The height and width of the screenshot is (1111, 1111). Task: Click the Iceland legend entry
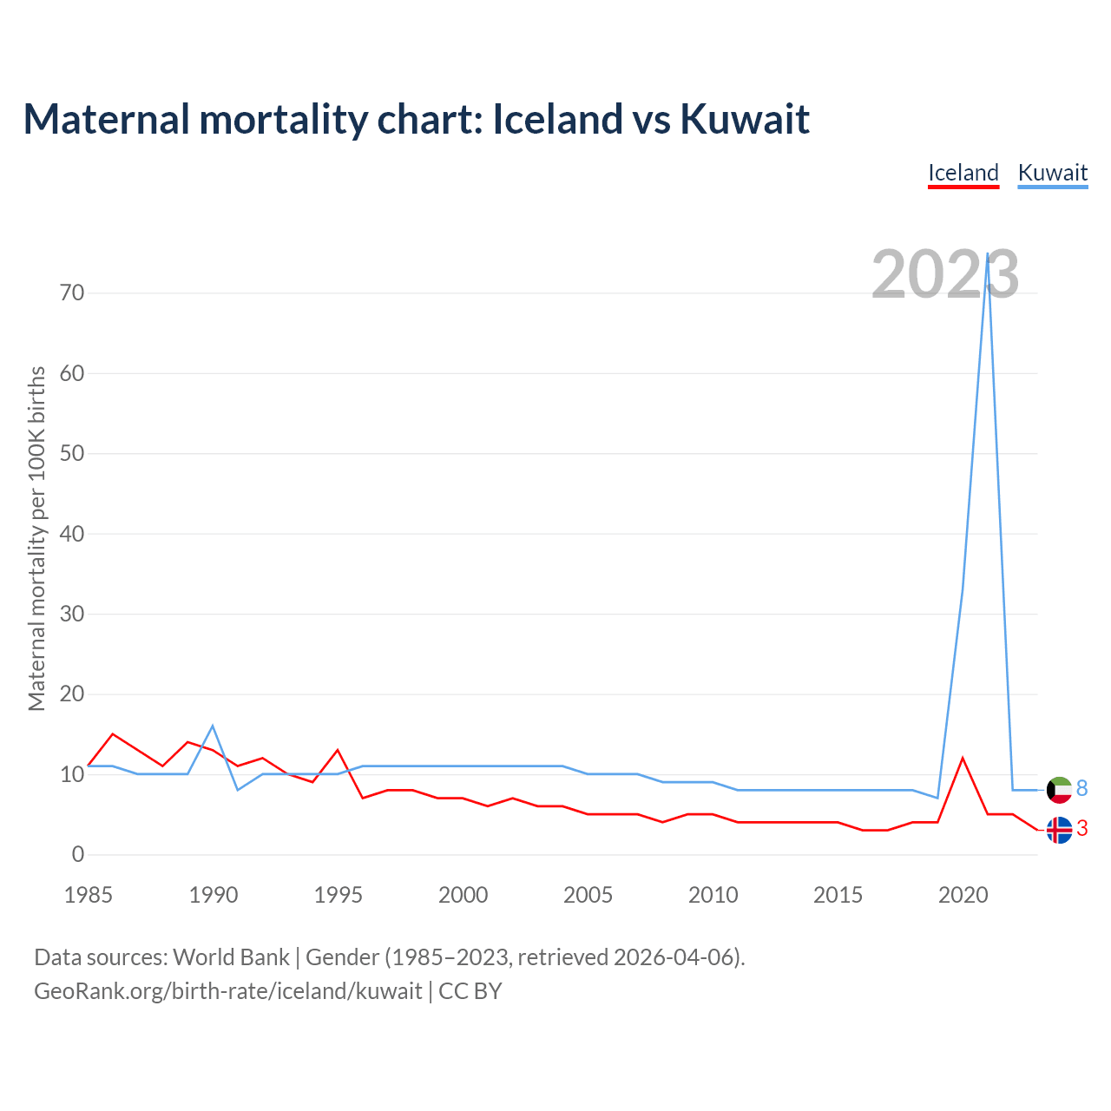[x=963, y=173]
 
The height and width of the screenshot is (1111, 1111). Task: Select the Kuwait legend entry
[x=1052, y=173]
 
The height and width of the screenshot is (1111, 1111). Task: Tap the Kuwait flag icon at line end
[x=1059, y=790]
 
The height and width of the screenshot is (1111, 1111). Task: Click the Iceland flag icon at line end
[x=1059, y=830]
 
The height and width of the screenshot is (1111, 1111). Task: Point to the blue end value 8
[x=1081, y=788]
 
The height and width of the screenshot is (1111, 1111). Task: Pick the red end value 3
[x=1081, y=829]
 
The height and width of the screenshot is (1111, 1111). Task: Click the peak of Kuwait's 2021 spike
[x=988, y=253]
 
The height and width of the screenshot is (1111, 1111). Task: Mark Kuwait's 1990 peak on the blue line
[x=213, y=726]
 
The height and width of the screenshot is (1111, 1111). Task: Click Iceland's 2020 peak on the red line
[x=963, y=758]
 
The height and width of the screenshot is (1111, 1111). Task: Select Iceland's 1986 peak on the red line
[x=113, y=733]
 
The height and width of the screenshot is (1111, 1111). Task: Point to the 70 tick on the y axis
[x=73, y=293]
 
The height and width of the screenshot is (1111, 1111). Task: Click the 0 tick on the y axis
[x=78, y=854]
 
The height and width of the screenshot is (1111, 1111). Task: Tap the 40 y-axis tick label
[x=73, y=534]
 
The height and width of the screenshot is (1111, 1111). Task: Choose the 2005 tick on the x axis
[x=588, y=895]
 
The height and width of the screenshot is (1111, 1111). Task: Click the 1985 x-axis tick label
[x=89, y=895]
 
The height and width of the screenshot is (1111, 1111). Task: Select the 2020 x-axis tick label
[x=963, y=895]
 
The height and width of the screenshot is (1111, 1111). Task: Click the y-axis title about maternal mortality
[x=36, y=538]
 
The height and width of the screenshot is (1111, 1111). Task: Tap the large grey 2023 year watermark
[x=944, y=274]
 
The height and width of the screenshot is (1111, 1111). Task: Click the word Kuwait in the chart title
[x=744, y=119]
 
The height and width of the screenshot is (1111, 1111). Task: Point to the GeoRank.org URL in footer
[x=228, y=990]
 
